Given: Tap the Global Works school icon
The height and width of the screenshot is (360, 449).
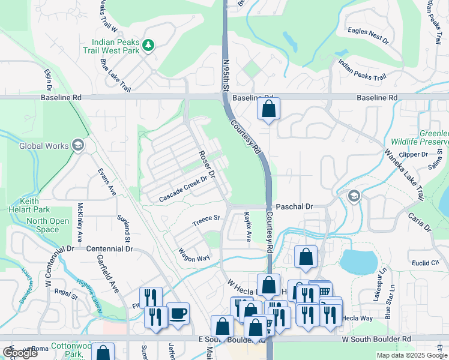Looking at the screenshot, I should (x=77, y=145).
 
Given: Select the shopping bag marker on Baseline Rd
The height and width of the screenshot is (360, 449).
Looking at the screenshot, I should (x=268, y=109).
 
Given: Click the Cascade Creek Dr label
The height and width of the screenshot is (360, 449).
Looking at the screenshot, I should (x=187, y=188).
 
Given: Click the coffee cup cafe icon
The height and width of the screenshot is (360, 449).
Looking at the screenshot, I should (x=178, y=313).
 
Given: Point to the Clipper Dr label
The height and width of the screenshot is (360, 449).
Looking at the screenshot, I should (x=415, y=154).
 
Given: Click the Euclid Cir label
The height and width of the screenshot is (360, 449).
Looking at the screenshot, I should (x=426, y=263).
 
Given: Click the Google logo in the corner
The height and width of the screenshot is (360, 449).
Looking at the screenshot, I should (x=20, y=353).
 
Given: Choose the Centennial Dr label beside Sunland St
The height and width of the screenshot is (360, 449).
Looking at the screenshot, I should (x=109, y=248).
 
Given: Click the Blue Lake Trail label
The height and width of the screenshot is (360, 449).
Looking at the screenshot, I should (x=116, y=74).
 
